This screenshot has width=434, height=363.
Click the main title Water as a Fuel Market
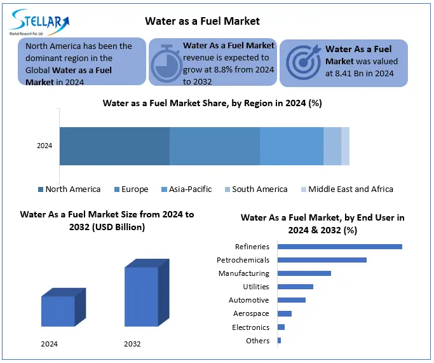pos(202,21)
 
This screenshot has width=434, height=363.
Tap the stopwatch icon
pos(166,62)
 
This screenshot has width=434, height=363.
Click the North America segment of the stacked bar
pos(114,146)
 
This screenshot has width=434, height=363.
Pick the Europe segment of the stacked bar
pos(215,146)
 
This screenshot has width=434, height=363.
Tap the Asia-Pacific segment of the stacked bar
pos(292,146)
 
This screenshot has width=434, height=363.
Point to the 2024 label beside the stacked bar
pos(44,146)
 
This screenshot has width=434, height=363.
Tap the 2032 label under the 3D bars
pos(133,344)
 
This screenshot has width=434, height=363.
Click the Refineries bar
pos(340,247)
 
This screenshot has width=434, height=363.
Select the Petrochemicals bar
pos(322,260)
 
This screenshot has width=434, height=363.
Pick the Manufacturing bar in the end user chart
pos(304,273)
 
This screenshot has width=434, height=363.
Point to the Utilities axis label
pos(256,287)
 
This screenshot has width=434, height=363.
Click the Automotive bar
pos(292,300)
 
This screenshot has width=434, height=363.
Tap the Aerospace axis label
pos(252,313)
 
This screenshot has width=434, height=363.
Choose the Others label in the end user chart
pos(257,341)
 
